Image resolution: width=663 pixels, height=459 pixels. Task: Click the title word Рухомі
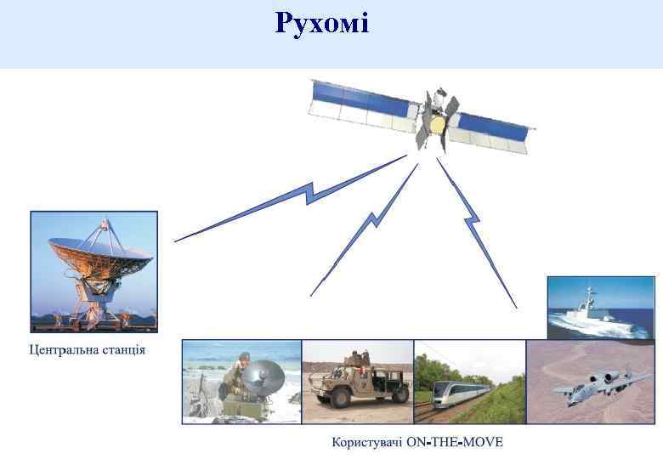tap(321, 23)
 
